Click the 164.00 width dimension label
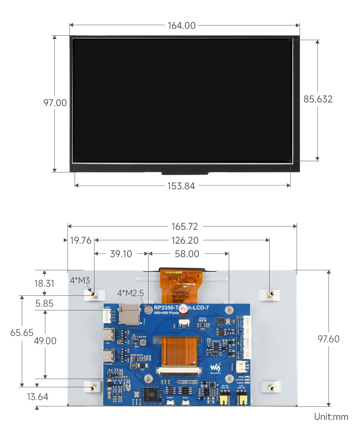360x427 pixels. [181, 25]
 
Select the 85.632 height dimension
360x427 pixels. [318, 99]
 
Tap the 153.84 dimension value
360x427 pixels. [181, 186]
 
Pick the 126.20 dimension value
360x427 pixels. [185, 240]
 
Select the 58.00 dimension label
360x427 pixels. [187, 254]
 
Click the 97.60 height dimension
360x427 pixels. [328, 339]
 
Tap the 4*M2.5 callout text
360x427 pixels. [130, 293]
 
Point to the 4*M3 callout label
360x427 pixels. [79, 280]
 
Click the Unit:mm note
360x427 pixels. [331, 417]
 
